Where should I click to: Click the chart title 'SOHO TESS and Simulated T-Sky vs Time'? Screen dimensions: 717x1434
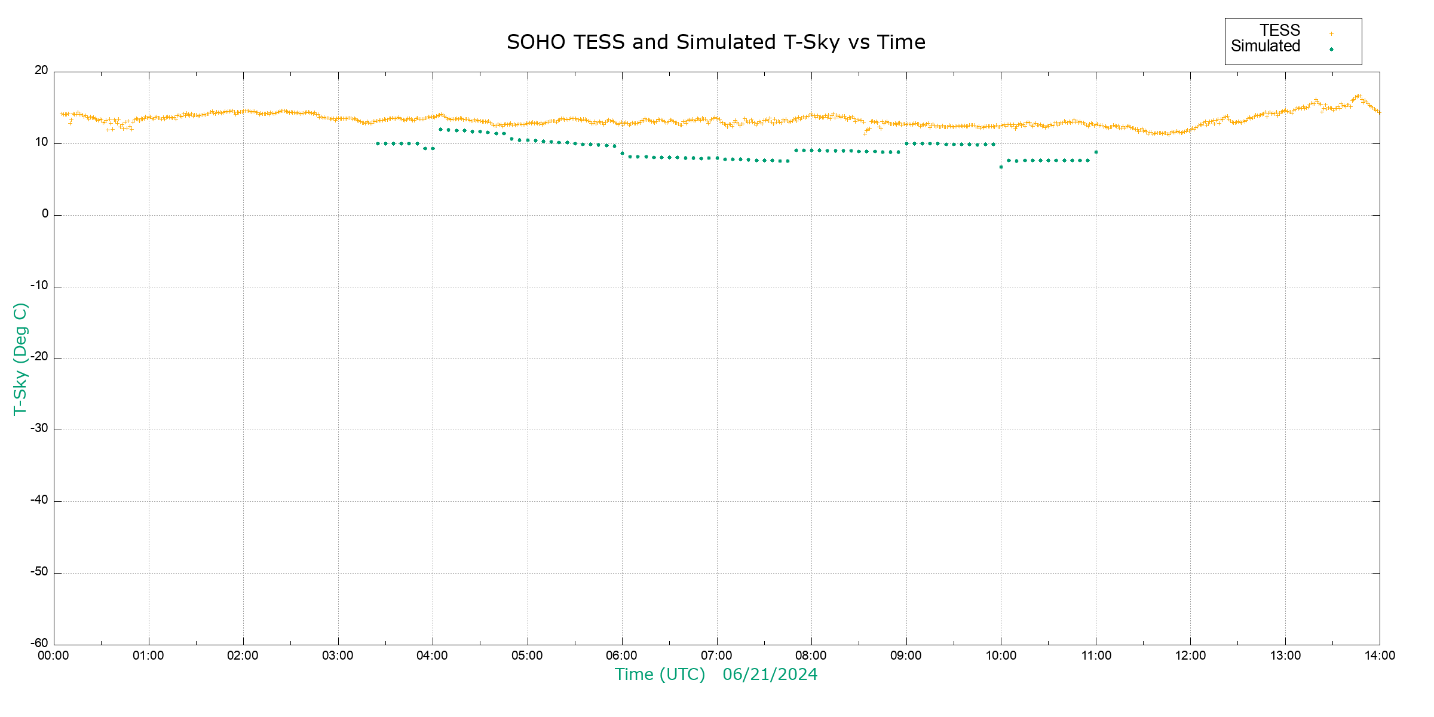click(x=716, y=42)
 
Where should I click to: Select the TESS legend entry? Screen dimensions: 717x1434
click(x=1280, y=30)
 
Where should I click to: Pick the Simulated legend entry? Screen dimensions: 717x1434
click(x=1266, y=47)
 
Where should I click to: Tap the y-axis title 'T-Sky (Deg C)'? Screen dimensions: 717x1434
click(x=20, y=358)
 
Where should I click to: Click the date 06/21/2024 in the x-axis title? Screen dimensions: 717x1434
click(x=770, y=675)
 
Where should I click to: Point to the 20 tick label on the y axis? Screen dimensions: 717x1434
click(x=41, y=71)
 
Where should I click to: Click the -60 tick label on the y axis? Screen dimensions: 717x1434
click(x=39, y=644)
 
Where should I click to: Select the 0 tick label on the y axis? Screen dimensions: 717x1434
click(x=45, y=214)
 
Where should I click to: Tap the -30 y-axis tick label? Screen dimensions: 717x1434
click(x=39, y=428)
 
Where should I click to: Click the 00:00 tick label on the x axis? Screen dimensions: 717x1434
click(x=54, y=656)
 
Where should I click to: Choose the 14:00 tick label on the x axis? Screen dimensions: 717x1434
click(x=1380, y=656)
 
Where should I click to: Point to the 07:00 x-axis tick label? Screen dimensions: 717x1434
click(x=716, y=656)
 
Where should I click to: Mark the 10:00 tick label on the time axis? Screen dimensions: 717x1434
click(x=1001, y=656)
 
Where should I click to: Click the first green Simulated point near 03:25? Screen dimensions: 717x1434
click(x=378, y=144)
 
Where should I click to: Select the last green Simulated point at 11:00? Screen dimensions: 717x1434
click(x=1096, y=152)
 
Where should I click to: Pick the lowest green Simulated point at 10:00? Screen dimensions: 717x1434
click(x=1001, y=167)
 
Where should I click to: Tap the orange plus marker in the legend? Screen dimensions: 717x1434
click(x=1331, y=33)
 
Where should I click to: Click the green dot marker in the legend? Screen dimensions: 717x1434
click(x=1331, y=49)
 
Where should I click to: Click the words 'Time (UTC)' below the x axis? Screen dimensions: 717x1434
click(x=660, y=675)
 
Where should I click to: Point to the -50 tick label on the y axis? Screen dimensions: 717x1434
click(x=39, y=572)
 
